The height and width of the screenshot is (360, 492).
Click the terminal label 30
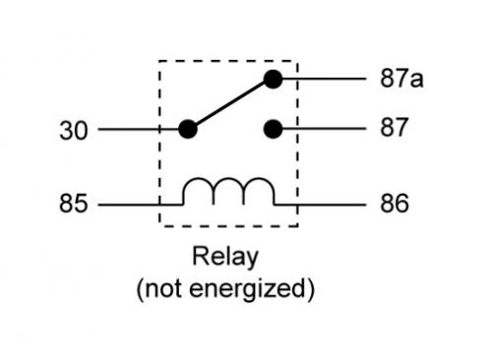coord(72,129)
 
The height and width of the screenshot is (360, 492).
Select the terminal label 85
coord(72,205)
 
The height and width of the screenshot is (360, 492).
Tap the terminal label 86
coord(394,205)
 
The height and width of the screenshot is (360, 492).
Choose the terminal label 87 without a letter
coord(394,129)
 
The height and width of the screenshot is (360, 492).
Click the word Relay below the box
coord(225,259)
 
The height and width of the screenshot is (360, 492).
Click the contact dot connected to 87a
coord(273,80)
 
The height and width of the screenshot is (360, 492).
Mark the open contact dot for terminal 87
coord(273,129)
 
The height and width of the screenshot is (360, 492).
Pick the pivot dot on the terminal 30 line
coord(188,129)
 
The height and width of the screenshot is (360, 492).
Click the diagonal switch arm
coord(230,104)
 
